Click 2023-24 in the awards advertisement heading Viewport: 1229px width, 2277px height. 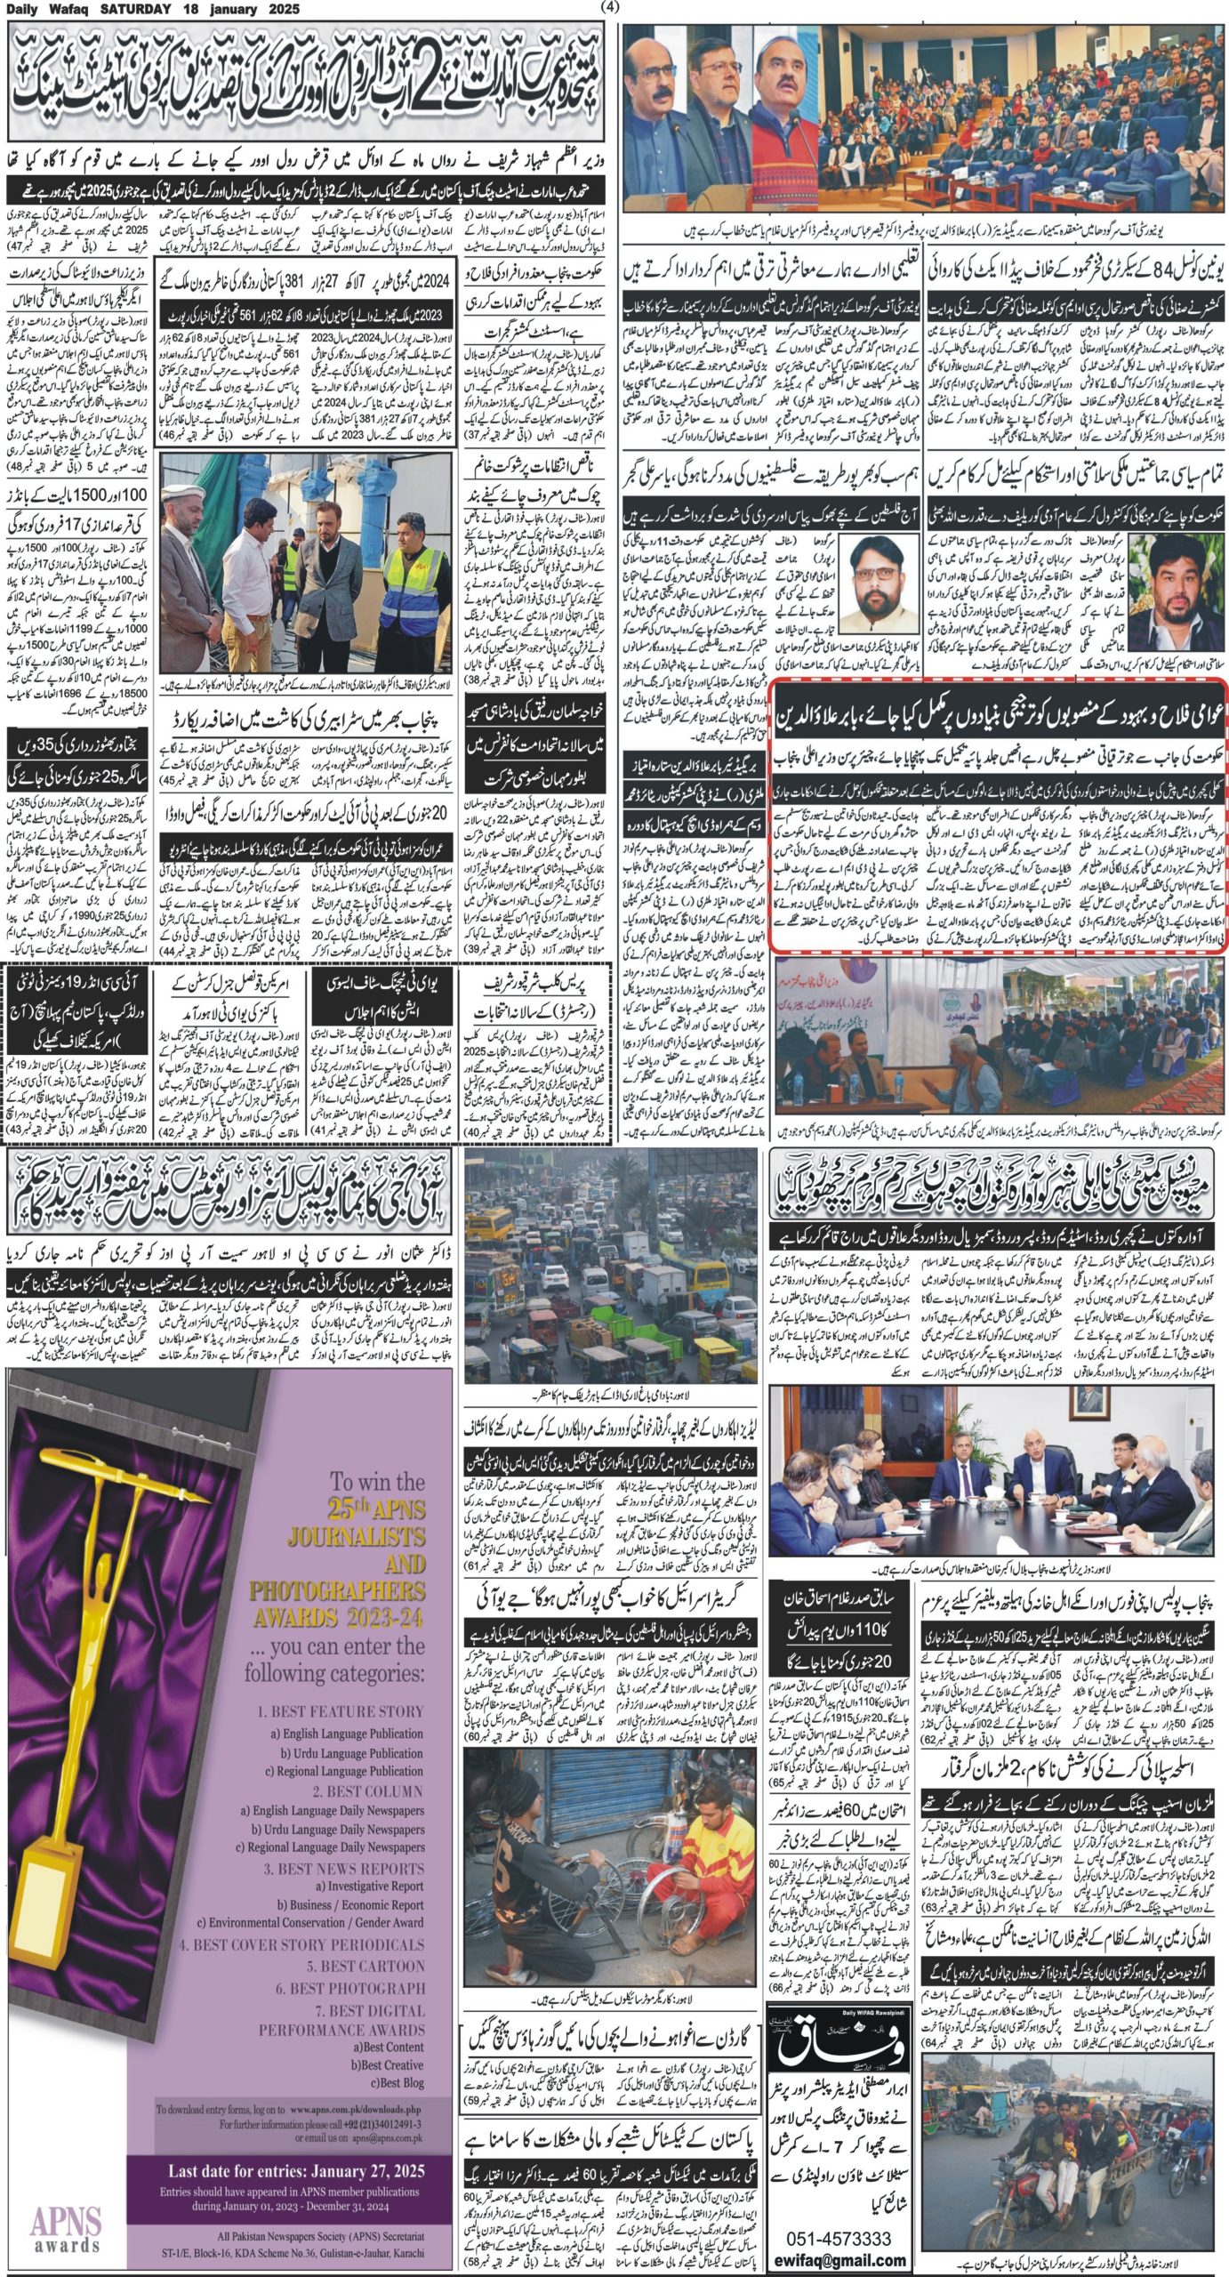(x=382, y=1614)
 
